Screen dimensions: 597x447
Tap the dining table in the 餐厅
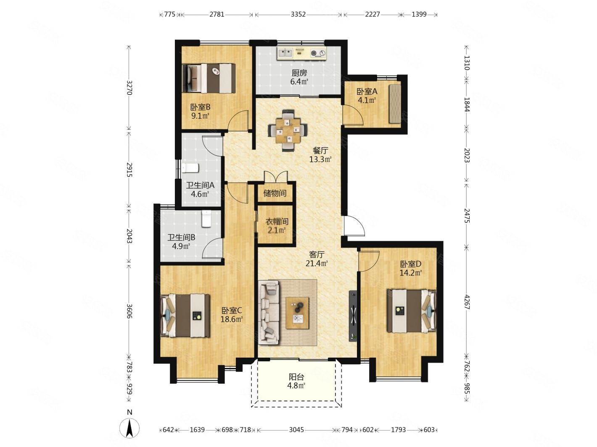tap(288, 130)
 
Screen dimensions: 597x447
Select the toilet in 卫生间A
tap(190, 168)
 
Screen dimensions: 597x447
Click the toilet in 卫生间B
tap(206, 219)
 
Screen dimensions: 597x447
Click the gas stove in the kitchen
tap(318, 53)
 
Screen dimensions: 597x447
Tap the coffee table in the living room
tap(297, 313)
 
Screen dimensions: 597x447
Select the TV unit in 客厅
tap(353, 316)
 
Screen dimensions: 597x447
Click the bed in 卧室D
tap(411, 311)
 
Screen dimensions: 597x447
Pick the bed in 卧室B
tap(209, 78)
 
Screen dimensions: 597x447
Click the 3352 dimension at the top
tap(298, 14)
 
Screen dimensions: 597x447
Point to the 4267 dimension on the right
tap(466, 302)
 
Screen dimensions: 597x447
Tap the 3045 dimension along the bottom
tap(296, 430)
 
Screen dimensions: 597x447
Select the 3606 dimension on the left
tap(130, 311)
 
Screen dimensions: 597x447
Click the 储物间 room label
tap(275, 193)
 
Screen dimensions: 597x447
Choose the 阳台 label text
tap(296, 377)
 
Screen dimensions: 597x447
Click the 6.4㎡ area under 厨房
tap(299, 81)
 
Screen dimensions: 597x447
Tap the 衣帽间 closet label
tap(277, 222)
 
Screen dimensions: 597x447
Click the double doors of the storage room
tap(276, 176)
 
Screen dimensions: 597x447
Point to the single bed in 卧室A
tap(395, 103)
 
